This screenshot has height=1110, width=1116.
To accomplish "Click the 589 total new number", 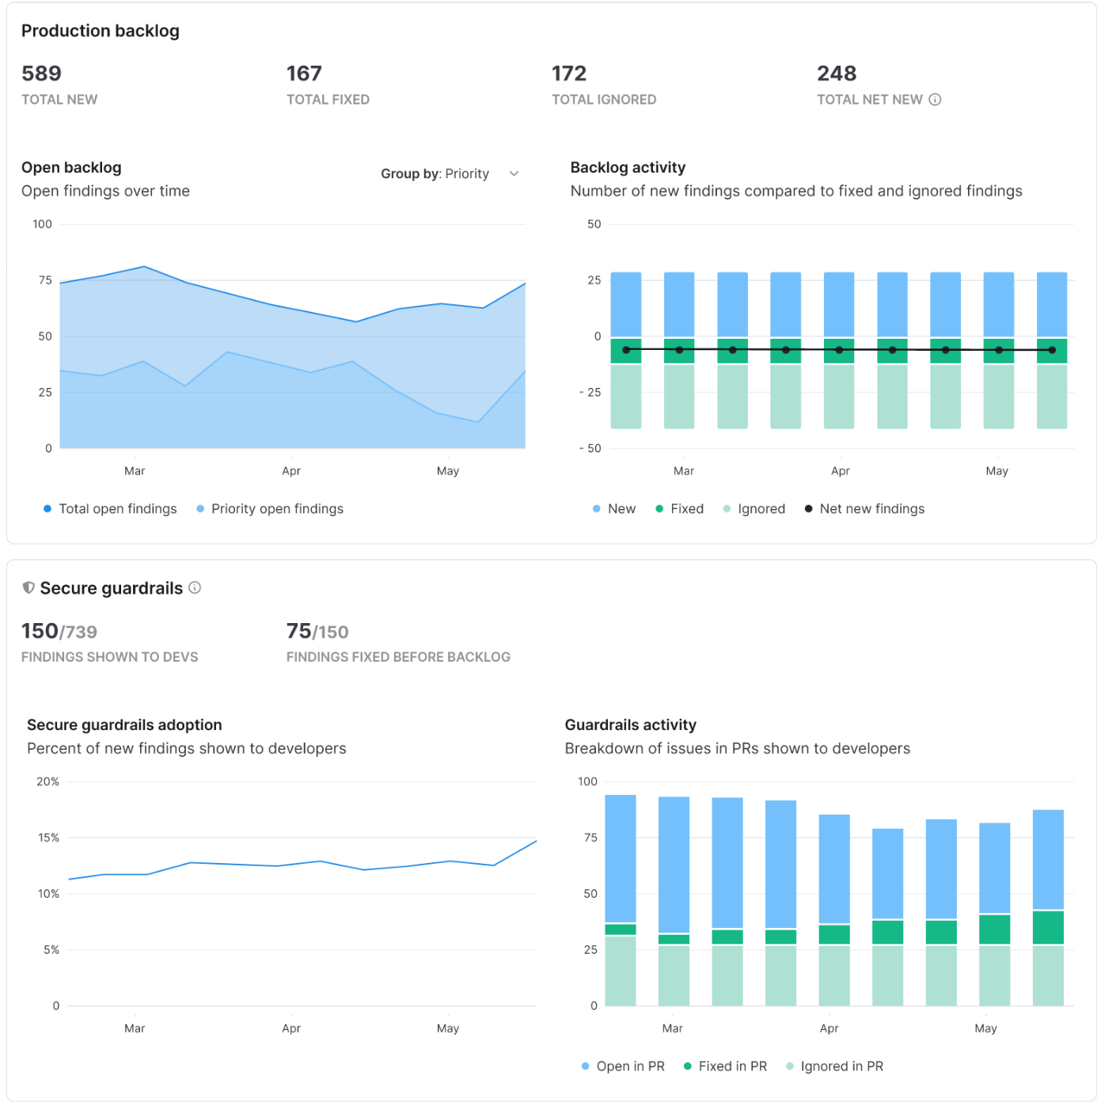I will click(41, 74).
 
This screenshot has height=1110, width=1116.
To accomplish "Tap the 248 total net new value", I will click(836, 74).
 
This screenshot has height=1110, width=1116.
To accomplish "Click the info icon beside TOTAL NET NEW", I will click(935, 100).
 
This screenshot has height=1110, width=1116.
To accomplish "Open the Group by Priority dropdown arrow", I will click(514, 173).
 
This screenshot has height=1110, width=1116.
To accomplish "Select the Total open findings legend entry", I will click(110, 509).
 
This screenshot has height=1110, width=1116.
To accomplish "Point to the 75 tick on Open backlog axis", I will click(45, 280).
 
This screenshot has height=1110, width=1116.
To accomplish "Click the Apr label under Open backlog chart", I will click(291, 471).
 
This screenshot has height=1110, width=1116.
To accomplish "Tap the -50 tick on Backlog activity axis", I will click(590, 449).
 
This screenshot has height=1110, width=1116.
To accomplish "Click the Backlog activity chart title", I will click(628, 168).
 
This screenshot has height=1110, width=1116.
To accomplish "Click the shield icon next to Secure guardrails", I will click(28, 587).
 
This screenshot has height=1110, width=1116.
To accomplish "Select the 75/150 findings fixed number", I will click(317, 632).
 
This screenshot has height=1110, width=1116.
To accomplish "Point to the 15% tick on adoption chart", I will click(49, 838).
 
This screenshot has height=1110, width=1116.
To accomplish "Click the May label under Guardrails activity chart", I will click(985, 1028).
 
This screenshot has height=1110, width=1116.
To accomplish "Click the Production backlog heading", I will click(101, 31).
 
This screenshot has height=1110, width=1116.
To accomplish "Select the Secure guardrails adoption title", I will click(124, 725).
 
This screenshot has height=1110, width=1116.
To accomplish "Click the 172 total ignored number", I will click(568, 74).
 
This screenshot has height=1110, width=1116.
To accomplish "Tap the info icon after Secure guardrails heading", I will click(195, 587).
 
